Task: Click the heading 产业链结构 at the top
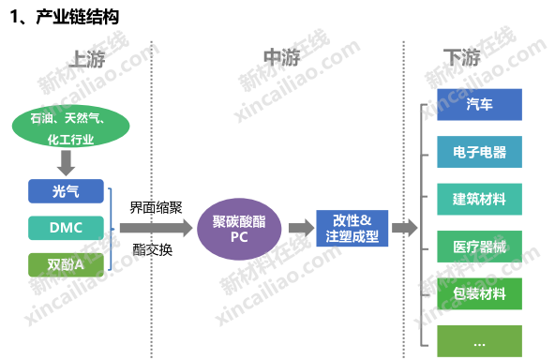click(x=78, y=17)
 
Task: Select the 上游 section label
click(x=87, y=58)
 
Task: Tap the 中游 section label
click(x=282, y=57)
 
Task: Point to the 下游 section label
click(x=462, y=57)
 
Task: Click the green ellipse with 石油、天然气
click(x=71, y=127)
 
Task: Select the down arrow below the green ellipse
click(x=67, y=163)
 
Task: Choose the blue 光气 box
click(x=66, y=191)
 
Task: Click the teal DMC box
click(x=66, y=228)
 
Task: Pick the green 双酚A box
click(x=66, y=264)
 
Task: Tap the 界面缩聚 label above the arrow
click(x=156, y=207)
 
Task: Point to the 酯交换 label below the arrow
click(x=153, y=250)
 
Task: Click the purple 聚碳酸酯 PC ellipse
click(x=239, y=229)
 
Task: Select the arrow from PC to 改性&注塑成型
click(x=302, y=228)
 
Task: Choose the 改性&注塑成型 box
click(x=352, y=229)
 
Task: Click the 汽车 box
click(x=480, y=105)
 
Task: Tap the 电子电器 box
click(x=480, y=152)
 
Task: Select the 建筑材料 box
click(x=480, y=200)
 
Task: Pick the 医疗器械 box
click(x=480, y=247)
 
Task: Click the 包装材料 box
click(x=480, y=293)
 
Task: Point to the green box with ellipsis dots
click(x=480, y=341)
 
